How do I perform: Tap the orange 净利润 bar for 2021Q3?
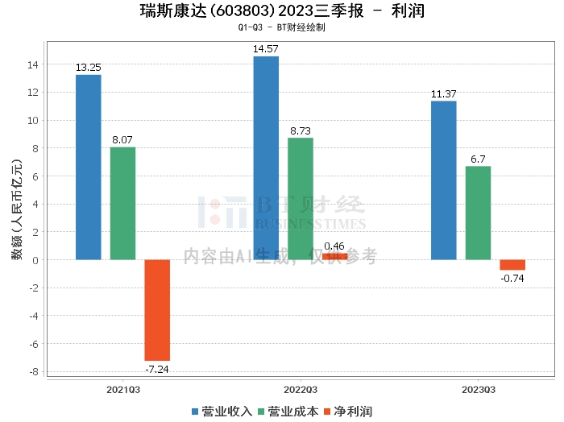coord(157,310)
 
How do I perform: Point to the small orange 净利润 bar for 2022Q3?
coord(335,257)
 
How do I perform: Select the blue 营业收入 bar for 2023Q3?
coord(443,180)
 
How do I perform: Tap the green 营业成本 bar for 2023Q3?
coord(478,213)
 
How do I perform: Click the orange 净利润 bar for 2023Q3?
coord(512,265)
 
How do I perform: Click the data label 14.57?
coord(266,49)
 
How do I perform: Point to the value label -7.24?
coord(157,369)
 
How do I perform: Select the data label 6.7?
coord(478,159)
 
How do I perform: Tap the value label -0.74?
coord(512,278)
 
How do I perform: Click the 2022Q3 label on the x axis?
coord(301,388)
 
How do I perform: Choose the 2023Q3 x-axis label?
coord(478,388)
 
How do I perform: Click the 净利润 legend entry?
coord(347,412)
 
